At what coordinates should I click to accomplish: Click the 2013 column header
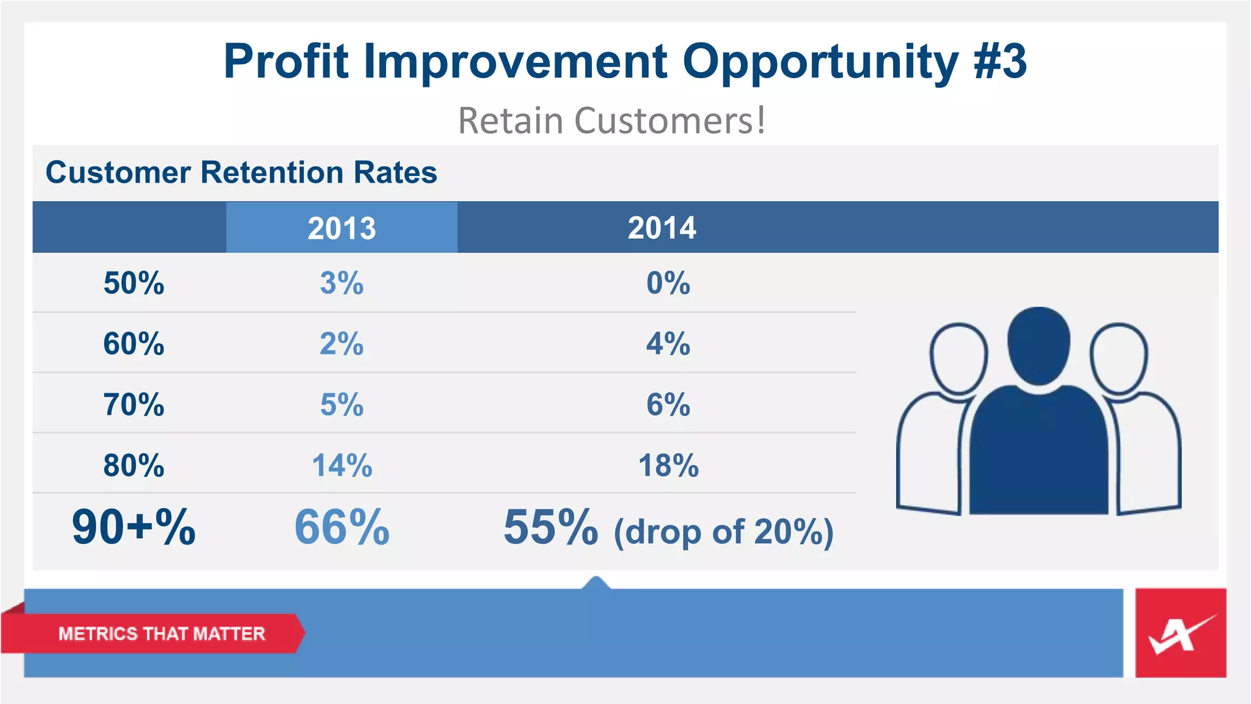pyautogui.click(x=341, y=228)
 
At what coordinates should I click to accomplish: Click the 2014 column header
pyautogui.click(x=662, y=228)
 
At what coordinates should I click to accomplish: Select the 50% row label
pyautogui.click(x=134, y=284)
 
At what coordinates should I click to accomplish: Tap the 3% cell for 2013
pyautogui.click(x=341, y=284)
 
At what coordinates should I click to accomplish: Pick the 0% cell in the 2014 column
pyautogui.click(x=668, y=284)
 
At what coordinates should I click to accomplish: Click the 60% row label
pyautogui.click(x=134, y=344)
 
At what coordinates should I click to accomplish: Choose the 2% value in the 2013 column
pyautogui.click(x=341, y=344)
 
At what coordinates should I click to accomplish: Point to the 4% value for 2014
pyautogui.click(x=668, y=344)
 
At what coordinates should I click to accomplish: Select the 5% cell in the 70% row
pyautogui.click(x=341, y=405)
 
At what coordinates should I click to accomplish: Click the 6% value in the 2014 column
pyautogui.click(x=668, y=405)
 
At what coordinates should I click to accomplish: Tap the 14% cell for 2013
pyautogui.click(x=341, y=466)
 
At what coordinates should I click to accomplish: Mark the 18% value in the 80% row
pyautogui.click(x=668, y=466)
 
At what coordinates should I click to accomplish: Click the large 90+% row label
pyautogui.click(x=134, y=527)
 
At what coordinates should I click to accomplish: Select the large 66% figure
pyautogui.click(x=341, y=527)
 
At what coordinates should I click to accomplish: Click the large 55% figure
pyautogui.click(x=550, y=527)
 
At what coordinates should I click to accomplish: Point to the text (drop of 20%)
pyautogui.click(x=723, y=532)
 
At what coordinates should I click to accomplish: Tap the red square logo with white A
pyautogui.click(x=1180, y=633)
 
